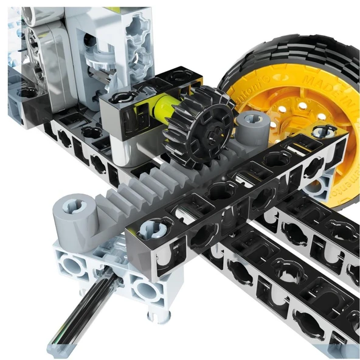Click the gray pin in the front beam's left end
click(x=150, y=229)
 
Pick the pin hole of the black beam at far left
click(x=27, y=93)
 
